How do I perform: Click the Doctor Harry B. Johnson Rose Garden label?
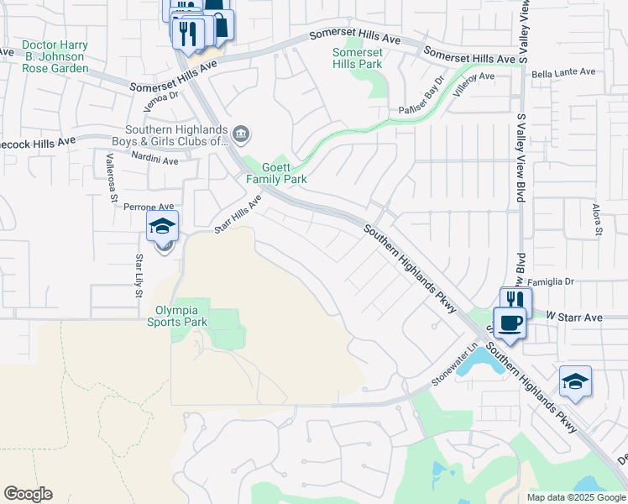pos(55,56)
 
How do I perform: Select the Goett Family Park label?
pos(276,173)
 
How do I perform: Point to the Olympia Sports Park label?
pos(177,315)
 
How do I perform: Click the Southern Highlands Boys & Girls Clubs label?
pos(176,135)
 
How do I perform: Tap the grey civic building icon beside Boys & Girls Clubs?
pos(241,133)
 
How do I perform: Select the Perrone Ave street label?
pos(149,206)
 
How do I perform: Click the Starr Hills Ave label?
pos(238,214)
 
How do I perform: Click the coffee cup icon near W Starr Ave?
pos(510,322)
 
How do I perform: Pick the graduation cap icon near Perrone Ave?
pos(163,225)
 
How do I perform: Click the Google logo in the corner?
pos(28,494)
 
